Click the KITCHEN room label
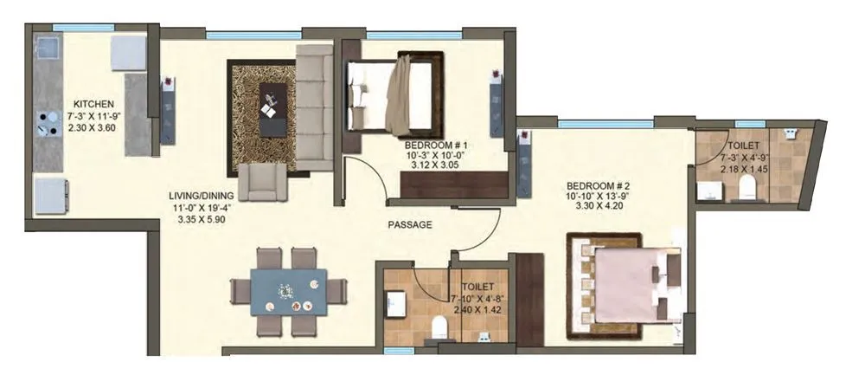[x=90, y=102]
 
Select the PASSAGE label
[x=409, y=224]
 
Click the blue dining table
[x=288, y=291]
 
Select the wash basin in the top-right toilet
[x=790, y=135]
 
